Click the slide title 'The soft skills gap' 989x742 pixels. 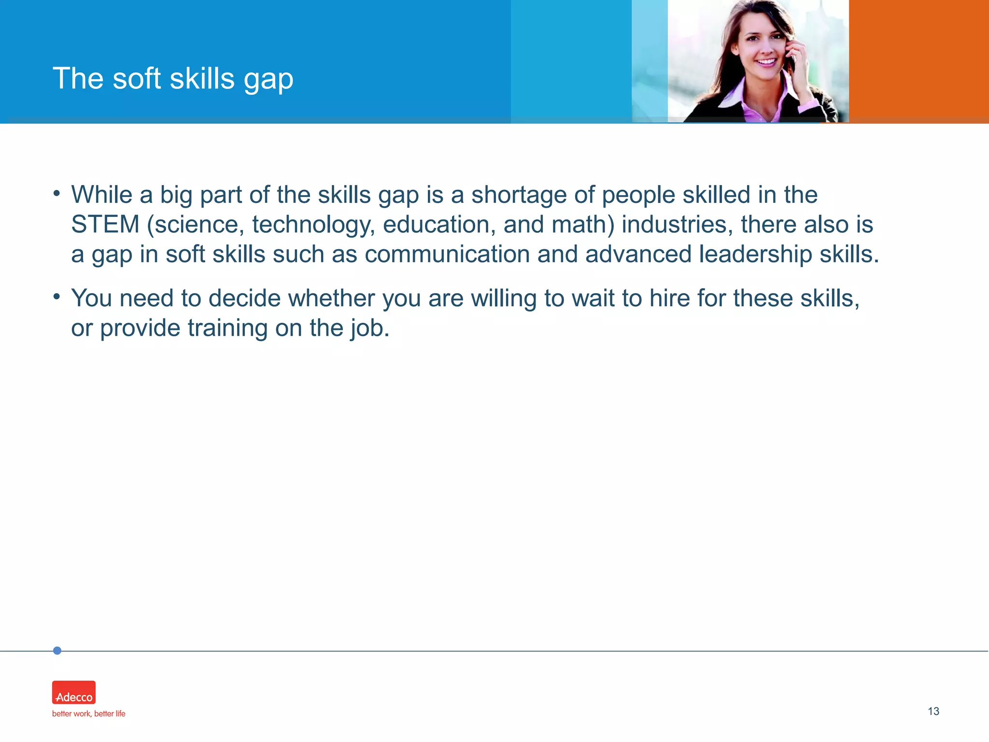(173, 78)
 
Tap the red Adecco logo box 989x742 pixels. (74, 692)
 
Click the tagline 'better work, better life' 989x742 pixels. (88, 713)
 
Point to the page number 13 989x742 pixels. (933, 711)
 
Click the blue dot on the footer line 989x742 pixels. (57, 651)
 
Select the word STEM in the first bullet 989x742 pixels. (105, 225)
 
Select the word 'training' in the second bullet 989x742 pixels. (227, 328)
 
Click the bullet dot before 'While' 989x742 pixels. (57, 194)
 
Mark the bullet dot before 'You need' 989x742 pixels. (57, 296)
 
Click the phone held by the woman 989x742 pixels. (791, 58)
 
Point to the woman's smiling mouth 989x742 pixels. (766, 62)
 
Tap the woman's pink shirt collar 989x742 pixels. (739, 99)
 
